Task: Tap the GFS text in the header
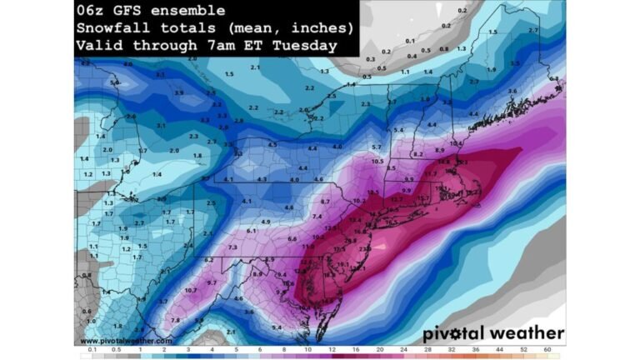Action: point(124,11)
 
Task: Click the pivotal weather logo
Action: point(492,333)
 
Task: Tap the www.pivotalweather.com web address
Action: point(127,340)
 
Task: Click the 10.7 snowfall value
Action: point(190,290)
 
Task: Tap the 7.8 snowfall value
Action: point(175,320)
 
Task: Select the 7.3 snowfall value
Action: point(232,247)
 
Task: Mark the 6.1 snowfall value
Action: point(251,230)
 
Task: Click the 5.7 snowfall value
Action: point(377,147)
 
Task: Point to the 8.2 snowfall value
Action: point(417,154)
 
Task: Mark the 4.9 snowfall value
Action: point(266,222)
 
